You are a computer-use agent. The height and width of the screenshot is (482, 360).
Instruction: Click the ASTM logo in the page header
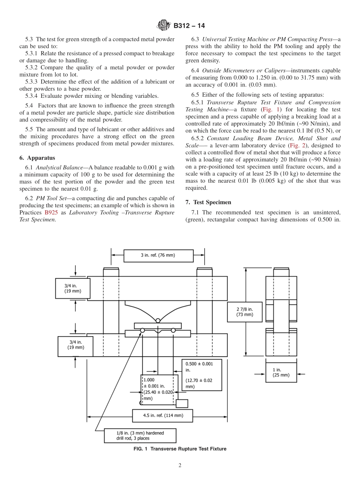click(164, 26)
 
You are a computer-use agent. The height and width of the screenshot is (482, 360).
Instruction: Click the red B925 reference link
click(51, 213)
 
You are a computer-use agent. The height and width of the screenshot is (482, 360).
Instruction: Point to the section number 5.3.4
click(33, 95)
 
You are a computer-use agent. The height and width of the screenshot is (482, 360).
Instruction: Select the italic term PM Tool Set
click(52, 198)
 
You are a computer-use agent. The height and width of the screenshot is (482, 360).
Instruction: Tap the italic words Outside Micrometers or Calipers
click(239, 70)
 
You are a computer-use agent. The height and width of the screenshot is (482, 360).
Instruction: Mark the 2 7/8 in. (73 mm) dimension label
click(244, 311)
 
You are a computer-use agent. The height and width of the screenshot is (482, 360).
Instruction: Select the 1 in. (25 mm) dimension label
click(281, 372)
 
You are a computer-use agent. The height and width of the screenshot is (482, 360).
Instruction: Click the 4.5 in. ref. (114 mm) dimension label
click(163, 415)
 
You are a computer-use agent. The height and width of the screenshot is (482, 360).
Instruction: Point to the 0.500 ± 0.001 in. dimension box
click(202, 375)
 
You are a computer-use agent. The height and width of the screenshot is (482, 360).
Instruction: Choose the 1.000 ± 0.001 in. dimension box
click(159, 389)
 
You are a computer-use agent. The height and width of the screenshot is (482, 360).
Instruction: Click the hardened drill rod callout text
click(140, 435)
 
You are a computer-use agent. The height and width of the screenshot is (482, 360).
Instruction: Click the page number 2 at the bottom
click(180, 465)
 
